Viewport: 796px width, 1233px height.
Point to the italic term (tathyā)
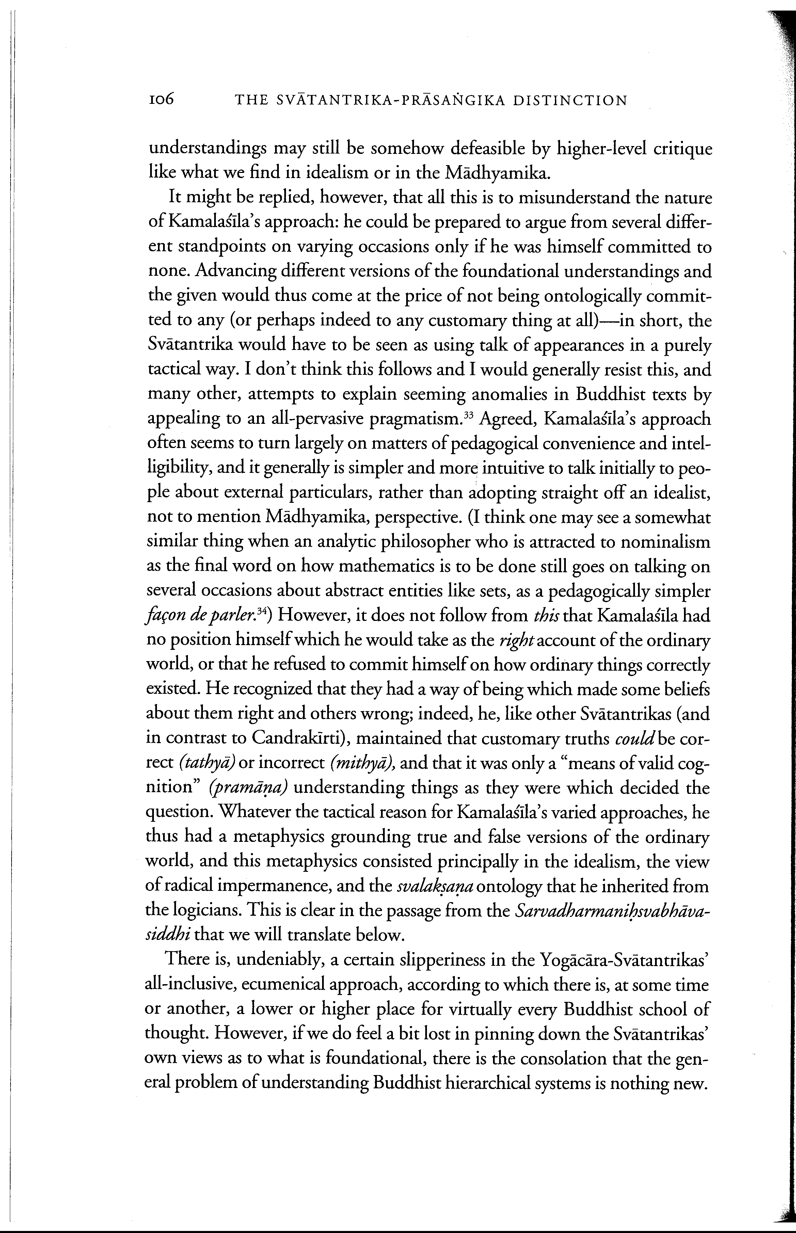[x=207, y=763]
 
